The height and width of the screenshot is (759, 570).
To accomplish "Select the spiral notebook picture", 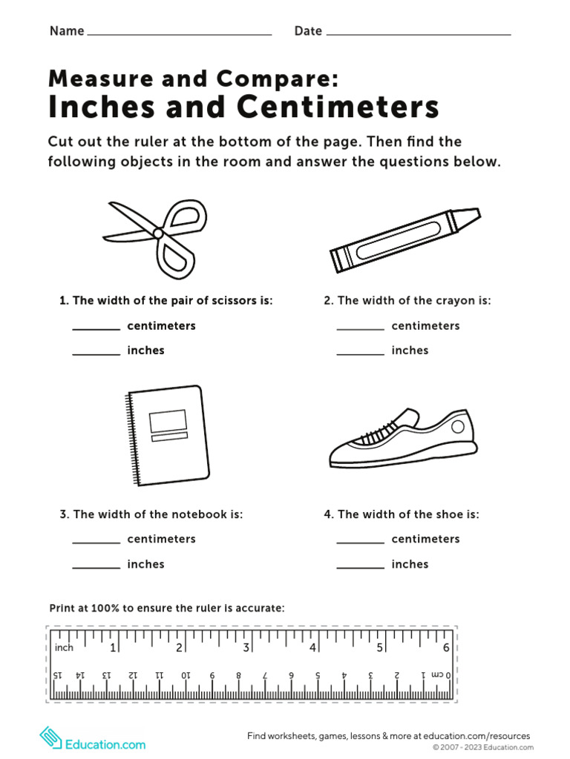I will pyautogui.click(x=168, y=436).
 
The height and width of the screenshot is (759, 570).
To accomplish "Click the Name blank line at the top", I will pyautogui.click(x=179, y=33).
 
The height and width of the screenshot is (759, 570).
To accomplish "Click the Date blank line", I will pyautogui.click(x=418, y=33).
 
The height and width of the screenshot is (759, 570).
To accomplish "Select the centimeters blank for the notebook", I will pyautogui.click(x=96, y=541).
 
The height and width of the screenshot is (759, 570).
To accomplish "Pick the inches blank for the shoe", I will pyautogui.click(x=360, y=567).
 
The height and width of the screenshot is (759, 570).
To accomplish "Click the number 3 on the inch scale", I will pyautogui.click(x=246, y=648).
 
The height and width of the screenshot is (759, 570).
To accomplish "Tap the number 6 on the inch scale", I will pyautogui.click(x=446, y=648).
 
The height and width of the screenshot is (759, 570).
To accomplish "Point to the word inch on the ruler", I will pyautogui.click(x=65, y=648).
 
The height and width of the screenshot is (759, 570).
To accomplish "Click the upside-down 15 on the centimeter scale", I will pyautogui.click(x=57, y=675).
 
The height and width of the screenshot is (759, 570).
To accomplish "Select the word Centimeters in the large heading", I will pyautogui.click(x=338, y=107).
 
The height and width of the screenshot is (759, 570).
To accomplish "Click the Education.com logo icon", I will pyautogui.click(x=50, y=738).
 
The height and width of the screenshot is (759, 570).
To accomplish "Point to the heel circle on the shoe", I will pyautogui.click(x=458, y=426).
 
